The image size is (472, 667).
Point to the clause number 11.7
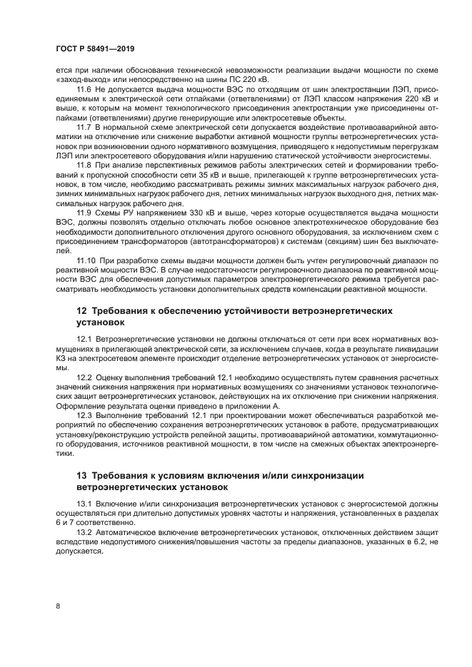coord(84,126)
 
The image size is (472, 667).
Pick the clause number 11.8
coord(84,164)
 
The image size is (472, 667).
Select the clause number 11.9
coord(84,212)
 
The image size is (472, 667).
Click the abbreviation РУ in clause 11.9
coord(124,212)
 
